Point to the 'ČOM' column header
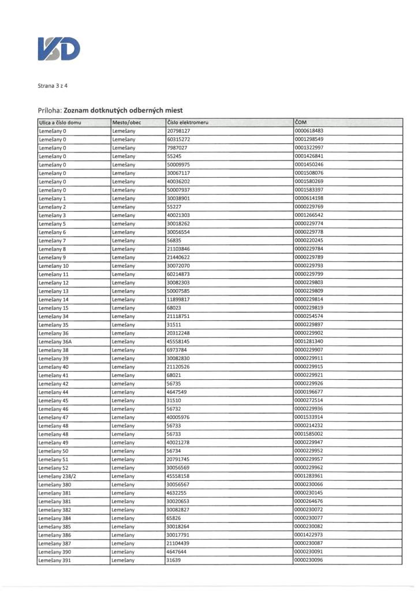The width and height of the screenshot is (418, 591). point(300,122)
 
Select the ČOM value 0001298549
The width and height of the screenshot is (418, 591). point(309,139)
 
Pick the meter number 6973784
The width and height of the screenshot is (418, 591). point(177,350)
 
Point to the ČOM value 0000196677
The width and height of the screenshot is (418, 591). point(309,391)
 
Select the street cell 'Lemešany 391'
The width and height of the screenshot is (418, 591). point(54,560)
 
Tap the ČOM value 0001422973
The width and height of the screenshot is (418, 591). point(309,534)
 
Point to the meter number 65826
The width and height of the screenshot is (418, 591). point(174,518)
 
